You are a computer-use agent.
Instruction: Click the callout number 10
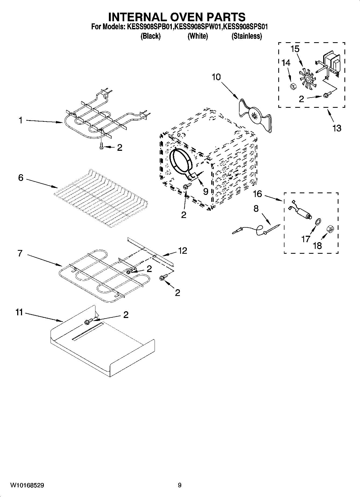[216, 77]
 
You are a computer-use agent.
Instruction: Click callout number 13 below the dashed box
[337, 128]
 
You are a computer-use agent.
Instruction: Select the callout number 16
[257, 194]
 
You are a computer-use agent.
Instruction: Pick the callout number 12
[183, 251]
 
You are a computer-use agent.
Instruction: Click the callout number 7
[20, 253]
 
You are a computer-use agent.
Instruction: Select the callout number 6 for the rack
[21, 178]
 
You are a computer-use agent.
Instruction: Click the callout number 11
[19, 313]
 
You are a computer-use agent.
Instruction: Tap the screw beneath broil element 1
[101, 146]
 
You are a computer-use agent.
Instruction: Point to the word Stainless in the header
[247, 36]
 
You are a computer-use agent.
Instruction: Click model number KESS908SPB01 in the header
[150, 27]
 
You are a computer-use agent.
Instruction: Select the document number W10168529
[27, 485]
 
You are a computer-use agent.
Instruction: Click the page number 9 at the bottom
[180, 485]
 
